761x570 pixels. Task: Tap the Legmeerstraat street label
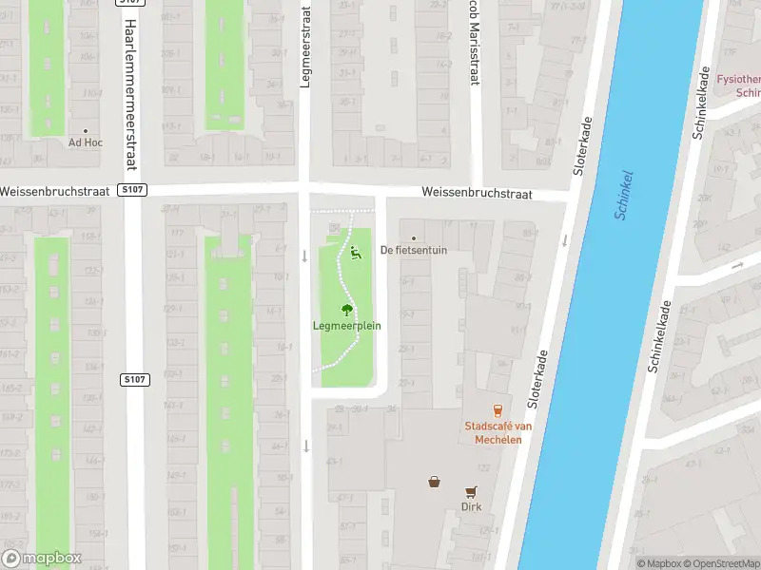[x=305, y=46]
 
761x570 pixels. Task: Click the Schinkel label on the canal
[x=624, y=196]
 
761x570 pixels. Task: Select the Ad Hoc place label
[x=85, y=142]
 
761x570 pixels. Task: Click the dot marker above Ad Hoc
[x=85, y=131]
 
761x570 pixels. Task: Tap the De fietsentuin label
[x=413, y=251]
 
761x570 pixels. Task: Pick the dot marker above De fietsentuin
[x=413, y=238]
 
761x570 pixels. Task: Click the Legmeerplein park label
[x=347, y=325]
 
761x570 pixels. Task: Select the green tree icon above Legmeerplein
[x=347, y=309]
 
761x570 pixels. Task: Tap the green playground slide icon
[x=356, y=253]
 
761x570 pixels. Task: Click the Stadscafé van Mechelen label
[x=498, y=432]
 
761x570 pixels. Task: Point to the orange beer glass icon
[x=498, y=408]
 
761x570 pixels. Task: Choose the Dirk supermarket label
[x=471, y=506]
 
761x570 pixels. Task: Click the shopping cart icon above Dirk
[x=471, y=491]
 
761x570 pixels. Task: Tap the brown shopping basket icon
[x=435, y=482]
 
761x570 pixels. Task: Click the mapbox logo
[x=42, y=559]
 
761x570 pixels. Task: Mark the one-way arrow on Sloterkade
[x=564, y=240]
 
